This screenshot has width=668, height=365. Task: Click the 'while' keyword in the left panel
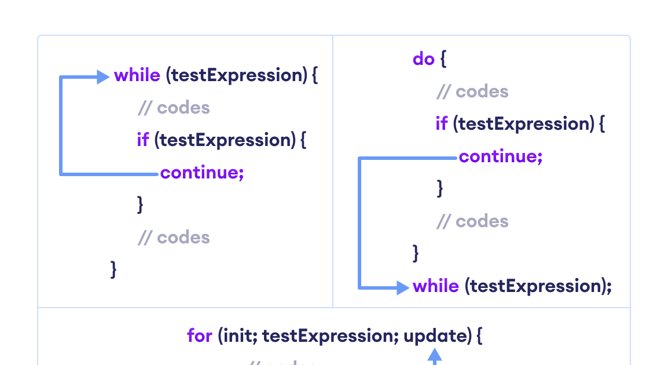pos(137,76)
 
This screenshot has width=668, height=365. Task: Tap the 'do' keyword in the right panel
pos(423,59)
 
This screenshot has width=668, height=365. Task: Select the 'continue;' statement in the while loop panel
pos(202,173)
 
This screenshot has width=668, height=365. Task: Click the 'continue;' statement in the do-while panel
pos(501,156)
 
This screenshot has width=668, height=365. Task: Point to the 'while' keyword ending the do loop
pos(436,286)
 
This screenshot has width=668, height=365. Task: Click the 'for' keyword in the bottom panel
pos(200,335)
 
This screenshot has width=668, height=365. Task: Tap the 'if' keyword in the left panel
pos(143,140)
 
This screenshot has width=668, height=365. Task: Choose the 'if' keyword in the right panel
pos(442,124)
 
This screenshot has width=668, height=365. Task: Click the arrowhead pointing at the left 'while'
pos(103,76)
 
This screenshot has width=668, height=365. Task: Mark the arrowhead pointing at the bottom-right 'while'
pos(403,287)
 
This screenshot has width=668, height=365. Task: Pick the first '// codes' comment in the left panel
pos(174,108)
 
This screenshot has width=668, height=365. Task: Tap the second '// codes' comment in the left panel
pos(174,238)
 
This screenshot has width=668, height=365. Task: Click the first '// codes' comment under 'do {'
pos(472,92)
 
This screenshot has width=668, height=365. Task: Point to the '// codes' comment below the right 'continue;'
pos(472,221)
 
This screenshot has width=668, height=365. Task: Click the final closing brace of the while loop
pos(113,269)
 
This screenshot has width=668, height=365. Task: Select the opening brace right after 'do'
pos(443,59)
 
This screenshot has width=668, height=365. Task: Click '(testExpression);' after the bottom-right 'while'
pos(538,286)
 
